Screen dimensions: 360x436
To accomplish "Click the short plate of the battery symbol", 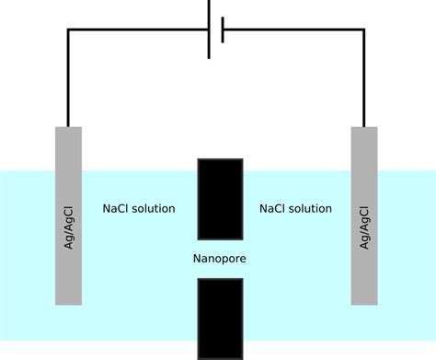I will coord(223,29).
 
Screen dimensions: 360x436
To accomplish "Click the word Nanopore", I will coord(220,259).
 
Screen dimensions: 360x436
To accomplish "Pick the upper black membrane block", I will coord(220,199).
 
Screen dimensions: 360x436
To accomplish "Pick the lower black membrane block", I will coord(220,318).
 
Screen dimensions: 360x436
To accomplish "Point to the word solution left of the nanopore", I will coord(153,208).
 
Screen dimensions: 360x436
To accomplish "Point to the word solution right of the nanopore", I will coord(312,208).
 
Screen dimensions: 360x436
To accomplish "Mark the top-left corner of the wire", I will coord(67,29).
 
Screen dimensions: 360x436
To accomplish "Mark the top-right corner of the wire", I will coord(364,29).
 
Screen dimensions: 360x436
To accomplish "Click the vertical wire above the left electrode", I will coord(67,78).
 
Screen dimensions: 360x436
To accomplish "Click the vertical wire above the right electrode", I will coord(364,78).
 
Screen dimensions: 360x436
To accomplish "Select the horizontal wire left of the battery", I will coord(138,29).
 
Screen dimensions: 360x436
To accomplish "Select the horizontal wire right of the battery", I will coord(294,29).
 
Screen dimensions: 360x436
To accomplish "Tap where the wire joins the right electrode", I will coord(364,127).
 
